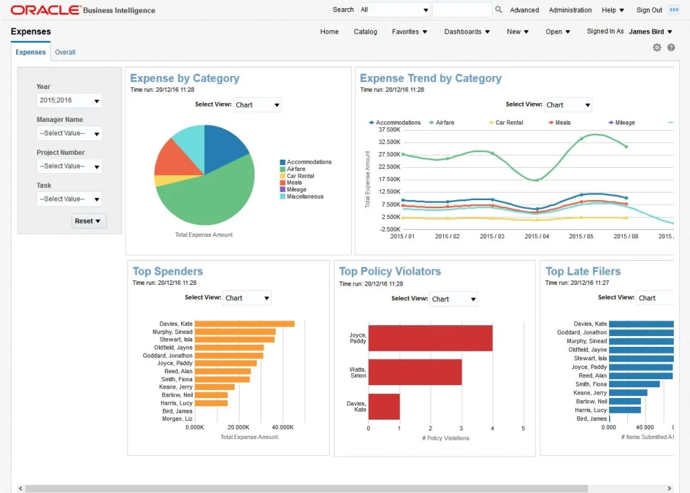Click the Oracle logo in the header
[45, 10]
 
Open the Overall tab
[65, 52]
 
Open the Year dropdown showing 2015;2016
[69, 100]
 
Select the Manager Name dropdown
[69, 133]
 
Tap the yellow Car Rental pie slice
[162, 180]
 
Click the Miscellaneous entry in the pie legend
[305, 197]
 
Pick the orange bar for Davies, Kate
[245, 324]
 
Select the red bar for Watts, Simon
[414, 372]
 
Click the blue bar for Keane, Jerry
[627, 393]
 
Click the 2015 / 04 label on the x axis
[536, 236]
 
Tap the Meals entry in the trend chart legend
[562, 123]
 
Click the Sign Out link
[649, 10]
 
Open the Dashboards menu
[466, 32]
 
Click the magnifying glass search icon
[499, 10]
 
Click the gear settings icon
[657, 47]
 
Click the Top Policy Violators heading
[389, 271]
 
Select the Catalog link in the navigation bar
[365, 32]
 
